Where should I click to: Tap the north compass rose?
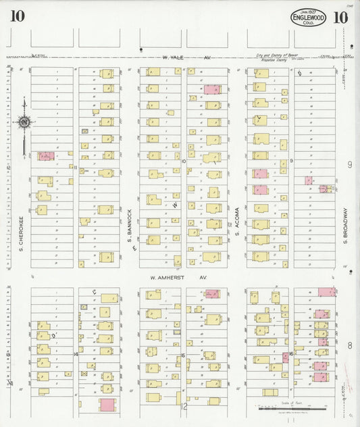click(24, 123)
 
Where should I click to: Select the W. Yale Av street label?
click(185, 58)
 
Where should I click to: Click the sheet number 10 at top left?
click(18, 17)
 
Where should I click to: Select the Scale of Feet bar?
click(292, 407)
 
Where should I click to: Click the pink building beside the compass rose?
click(46, 156)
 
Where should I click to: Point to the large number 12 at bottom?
click(184, 406)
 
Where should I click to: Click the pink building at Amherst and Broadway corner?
click(327, 292)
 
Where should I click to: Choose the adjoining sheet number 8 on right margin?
click(350, 345)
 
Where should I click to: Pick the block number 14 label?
click(76, 353)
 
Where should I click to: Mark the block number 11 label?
click(76, 167)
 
